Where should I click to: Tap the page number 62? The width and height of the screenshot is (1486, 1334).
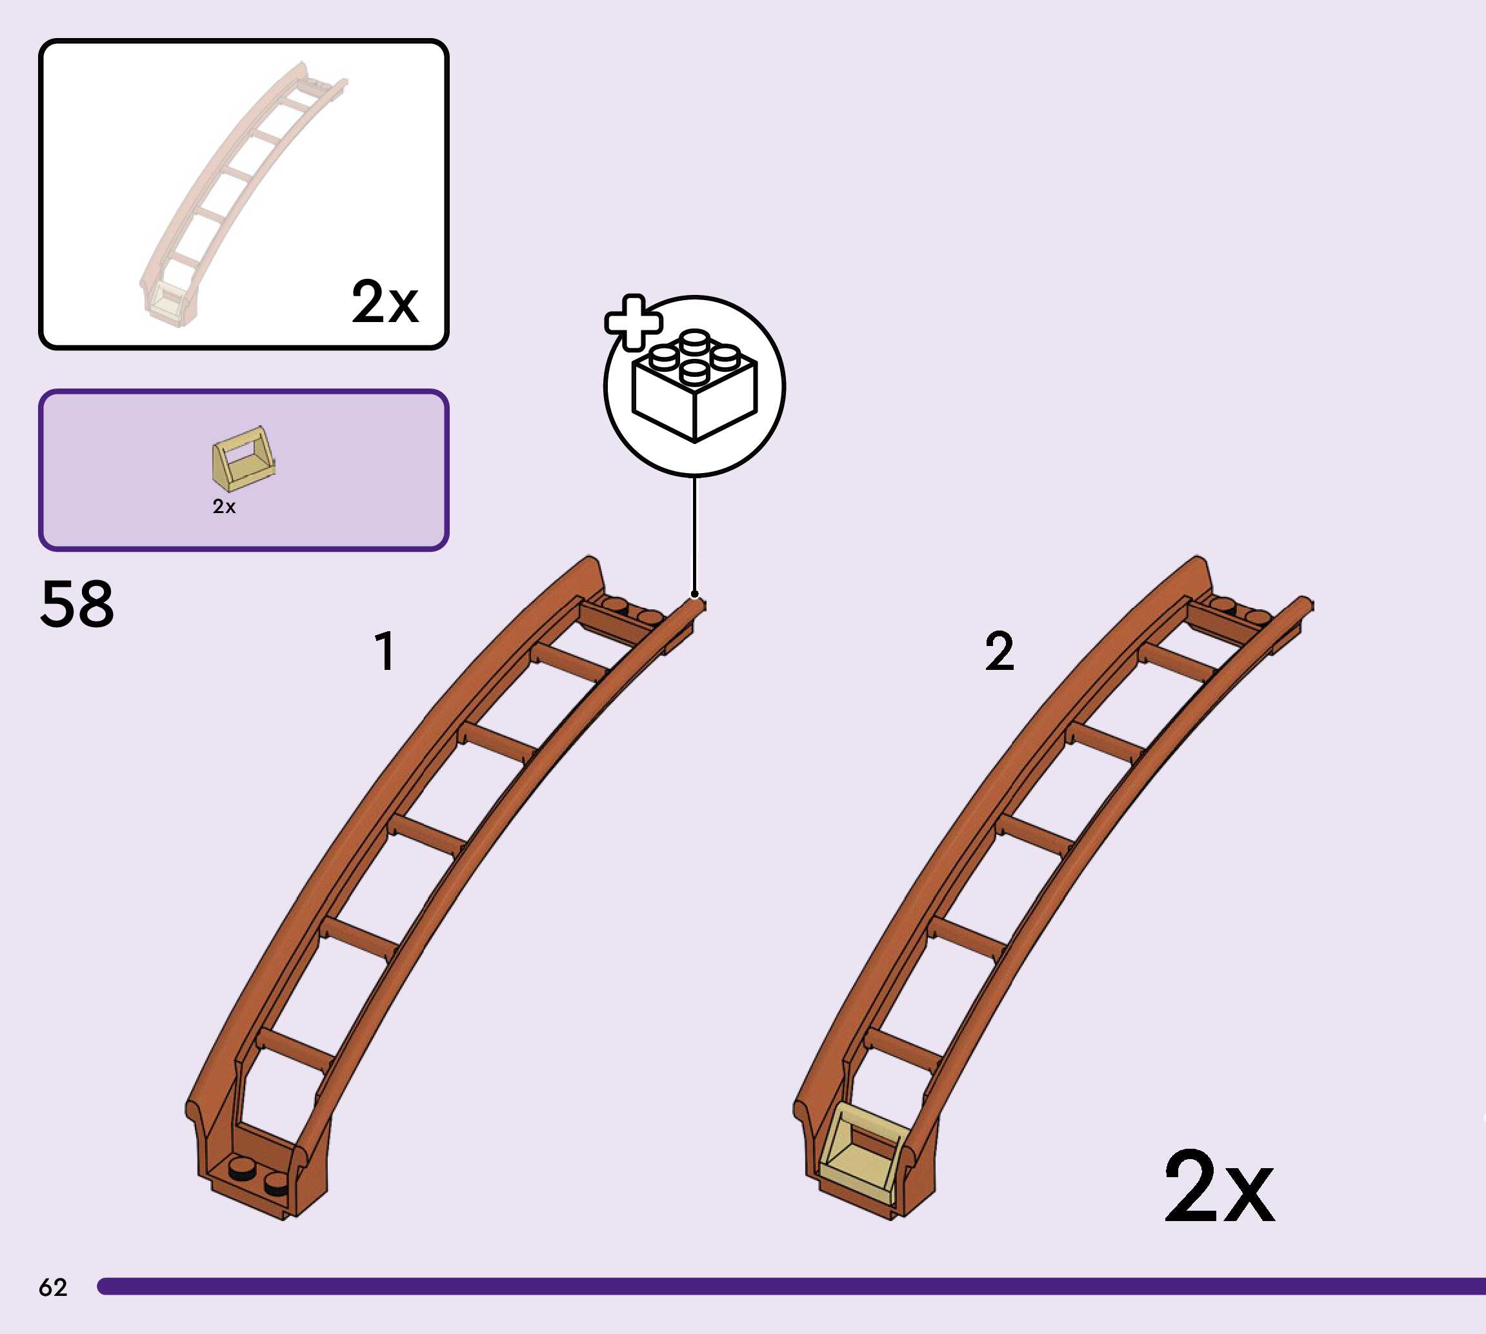(x=53, y=1287)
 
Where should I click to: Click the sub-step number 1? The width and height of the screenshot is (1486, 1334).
(x=385, y=651)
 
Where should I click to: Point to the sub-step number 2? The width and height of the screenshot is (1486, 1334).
(x=999, y=651)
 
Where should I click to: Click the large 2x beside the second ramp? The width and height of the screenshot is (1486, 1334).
(x=1220, y=1187)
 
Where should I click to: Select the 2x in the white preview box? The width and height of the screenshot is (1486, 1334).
(x=385, y=301)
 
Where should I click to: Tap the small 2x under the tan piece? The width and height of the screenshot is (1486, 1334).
(x=224, y=507)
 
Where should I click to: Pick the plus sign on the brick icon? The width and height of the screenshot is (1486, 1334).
(x=633, y=323)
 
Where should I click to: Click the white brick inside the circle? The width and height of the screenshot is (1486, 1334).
(x=693, y=389)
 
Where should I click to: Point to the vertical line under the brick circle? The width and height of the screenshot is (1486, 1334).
(x=695, y=535)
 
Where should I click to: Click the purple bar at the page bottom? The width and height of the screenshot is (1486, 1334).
(x=791, y=1286)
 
